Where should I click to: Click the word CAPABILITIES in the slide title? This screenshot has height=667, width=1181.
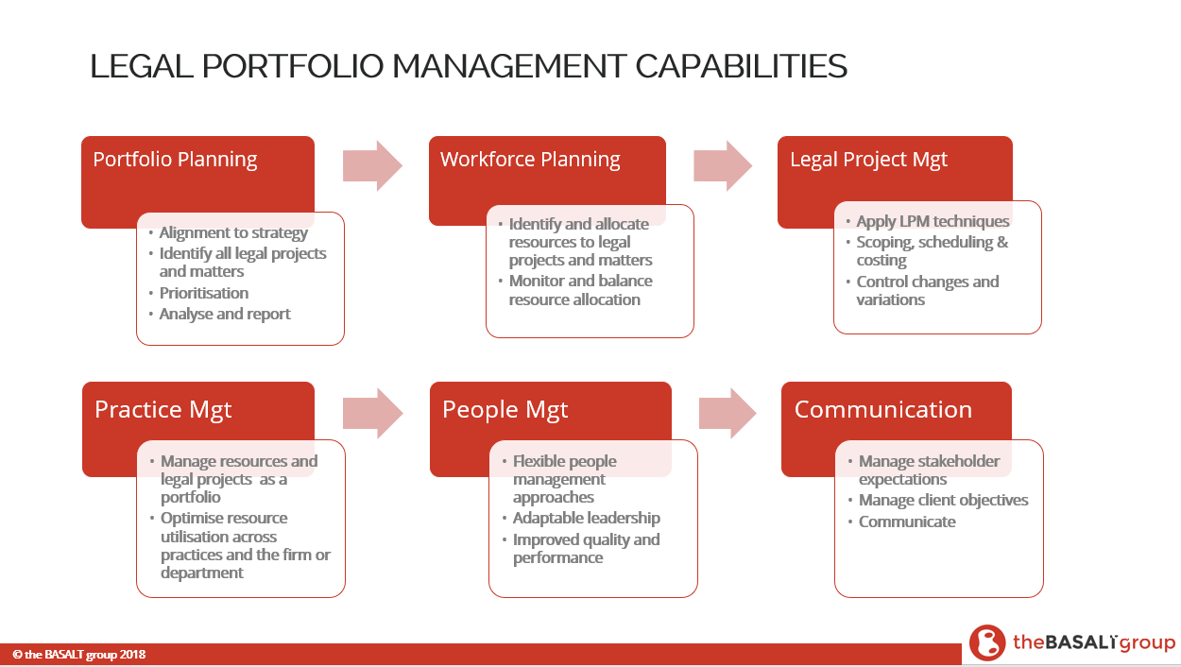pos(741,66)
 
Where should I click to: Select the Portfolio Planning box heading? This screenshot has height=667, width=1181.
pos(175,160)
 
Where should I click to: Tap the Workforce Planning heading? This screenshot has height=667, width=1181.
pos(530,160)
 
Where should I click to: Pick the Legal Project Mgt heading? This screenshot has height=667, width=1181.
pos(868,160)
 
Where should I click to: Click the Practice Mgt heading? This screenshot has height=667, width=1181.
pos(163,410)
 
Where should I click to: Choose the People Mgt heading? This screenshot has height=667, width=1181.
pos(505,410)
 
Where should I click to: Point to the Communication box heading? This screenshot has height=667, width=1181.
pos(883,409)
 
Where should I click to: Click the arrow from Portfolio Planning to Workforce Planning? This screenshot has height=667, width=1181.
pos(373,165)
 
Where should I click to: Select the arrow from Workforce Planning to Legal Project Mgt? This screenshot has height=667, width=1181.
pos(723,165)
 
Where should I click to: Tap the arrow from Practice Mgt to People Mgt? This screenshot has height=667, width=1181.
pos(373,414)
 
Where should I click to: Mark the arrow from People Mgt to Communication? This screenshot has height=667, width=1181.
pos(727,414)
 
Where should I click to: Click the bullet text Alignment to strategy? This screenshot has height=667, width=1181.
pos(233,232)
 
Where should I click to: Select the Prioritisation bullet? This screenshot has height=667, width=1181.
pos(203,293)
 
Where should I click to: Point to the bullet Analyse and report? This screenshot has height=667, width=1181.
pos(225,314)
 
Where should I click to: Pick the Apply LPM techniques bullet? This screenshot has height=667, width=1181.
pos(933,221)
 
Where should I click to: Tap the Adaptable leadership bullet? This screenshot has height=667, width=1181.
pos(587,518)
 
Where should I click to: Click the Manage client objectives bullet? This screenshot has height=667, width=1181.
pos(943,500)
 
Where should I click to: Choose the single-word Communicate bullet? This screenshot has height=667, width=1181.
pos(907,522)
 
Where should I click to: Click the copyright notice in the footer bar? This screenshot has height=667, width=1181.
pos(79,655)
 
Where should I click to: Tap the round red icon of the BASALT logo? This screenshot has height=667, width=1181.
pos(987,642)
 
